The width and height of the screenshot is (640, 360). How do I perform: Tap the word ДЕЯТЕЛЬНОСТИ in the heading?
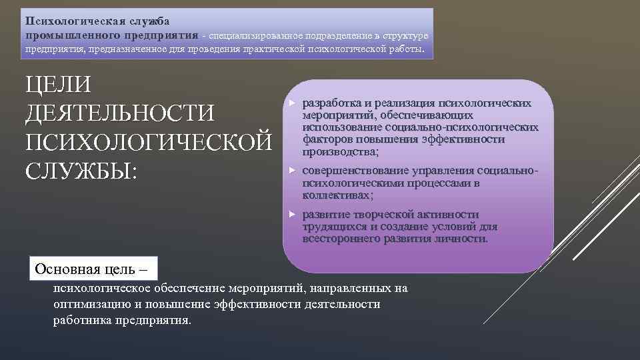119,114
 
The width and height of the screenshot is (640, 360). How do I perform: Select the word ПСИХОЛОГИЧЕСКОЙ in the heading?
148,143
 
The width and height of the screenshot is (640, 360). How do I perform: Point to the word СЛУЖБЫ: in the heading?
81,171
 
